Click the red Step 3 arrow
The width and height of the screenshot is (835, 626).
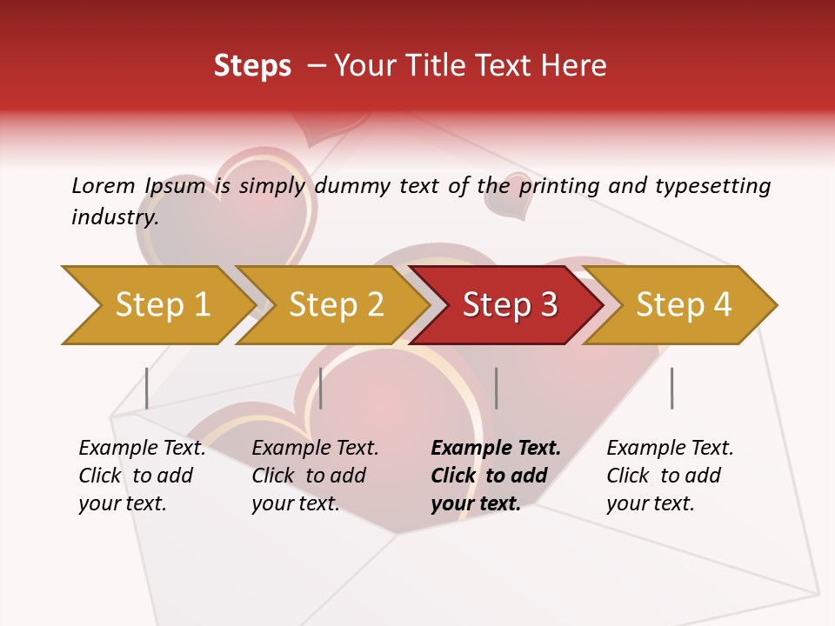click(510, 305)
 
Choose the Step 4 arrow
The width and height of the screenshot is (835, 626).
click(684, 305)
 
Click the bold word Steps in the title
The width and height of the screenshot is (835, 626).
click(252, 66)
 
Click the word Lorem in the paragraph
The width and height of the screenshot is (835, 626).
click(104, 185)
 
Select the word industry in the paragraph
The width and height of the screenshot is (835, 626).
click(114, 217)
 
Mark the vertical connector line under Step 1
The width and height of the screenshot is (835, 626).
click(147, 388)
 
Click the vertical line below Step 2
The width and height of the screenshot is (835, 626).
click(321, 388)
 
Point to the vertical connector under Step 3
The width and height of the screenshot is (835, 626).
click(496, 388)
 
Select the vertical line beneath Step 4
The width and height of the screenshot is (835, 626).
click(671, 388)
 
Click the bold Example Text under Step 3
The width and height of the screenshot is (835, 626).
click(496, 449)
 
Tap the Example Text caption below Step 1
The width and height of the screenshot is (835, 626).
click(142, 449)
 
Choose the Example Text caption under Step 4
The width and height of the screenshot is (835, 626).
click(670, 449)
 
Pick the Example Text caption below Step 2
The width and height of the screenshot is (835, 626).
click(315, 449)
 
